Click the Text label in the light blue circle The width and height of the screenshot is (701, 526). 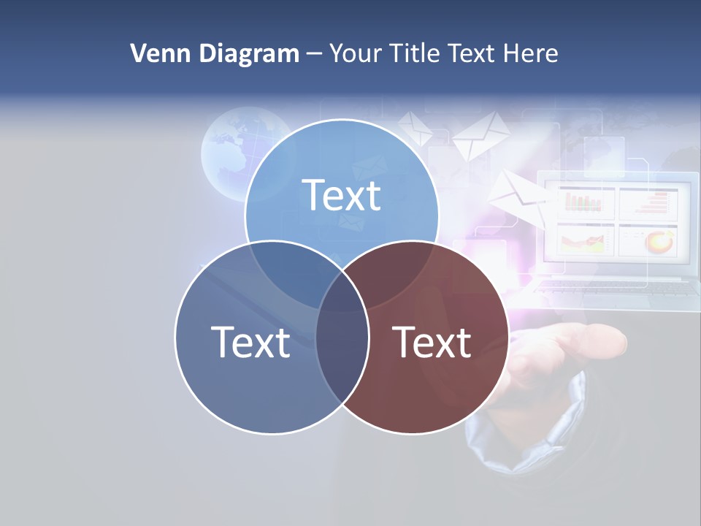click(342, 195)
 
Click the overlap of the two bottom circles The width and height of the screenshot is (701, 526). click(342, 343)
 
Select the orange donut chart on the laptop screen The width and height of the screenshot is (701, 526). click(660, 240)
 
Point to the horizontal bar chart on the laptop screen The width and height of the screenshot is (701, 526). click(646, 202)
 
